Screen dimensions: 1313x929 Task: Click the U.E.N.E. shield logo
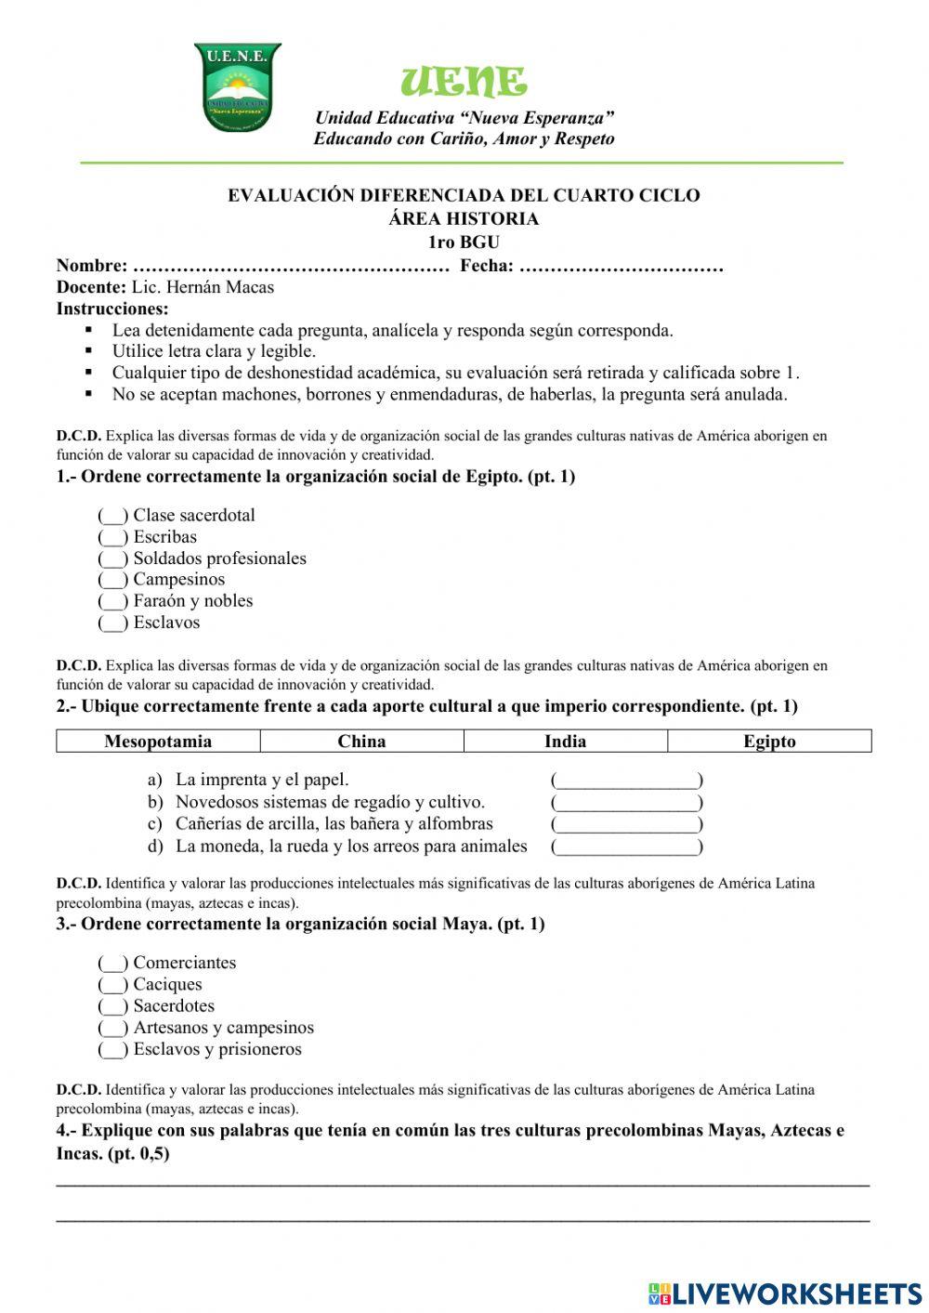coord(237,87)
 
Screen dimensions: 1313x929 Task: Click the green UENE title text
coord(464,83)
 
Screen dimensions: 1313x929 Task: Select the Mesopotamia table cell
coord(158,741)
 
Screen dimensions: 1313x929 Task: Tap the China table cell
coord(361,741)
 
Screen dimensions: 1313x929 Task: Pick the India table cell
coord(565,741)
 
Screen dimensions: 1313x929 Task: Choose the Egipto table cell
coord(769,741)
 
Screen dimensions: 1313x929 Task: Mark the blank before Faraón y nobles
coord(112,602)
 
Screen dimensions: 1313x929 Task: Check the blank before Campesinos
coord(112,581)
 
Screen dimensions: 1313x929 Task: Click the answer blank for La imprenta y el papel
coord(626,781)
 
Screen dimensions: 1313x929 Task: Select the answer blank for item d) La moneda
coord(626,847)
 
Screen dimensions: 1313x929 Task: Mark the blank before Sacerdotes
coord(112,1007)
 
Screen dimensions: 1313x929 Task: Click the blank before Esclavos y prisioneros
coord(112,1050)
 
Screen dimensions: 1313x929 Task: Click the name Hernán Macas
coord(219,287)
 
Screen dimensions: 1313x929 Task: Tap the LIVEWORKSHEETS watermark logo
coord(785,1293)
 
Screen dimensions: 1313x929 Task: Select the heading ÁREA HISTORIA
coord(464,219)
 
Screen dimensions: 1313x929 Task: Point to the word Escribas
coord(164,537)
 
